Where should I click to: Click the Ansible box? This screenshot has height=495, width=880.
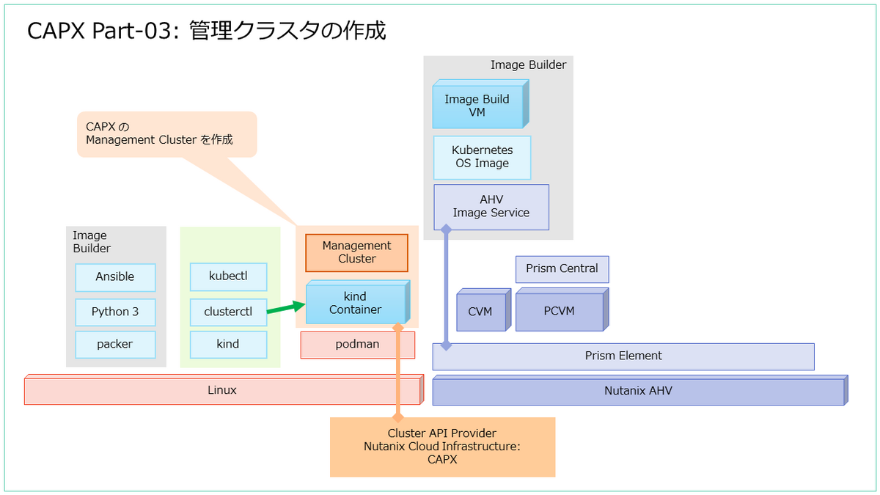click(115, 277)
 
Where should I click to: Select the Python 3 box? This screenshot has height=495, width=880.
click(115, 312)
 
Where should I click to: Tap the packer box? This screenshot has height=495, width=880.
click(115, 344)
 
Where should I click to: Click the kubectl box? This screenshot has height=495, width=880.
click(228, 277)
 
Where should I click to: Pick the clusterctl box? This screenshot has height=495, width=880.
click(228, 312)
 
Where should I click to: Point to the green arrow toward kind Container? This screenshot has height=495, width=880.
click(285, 308)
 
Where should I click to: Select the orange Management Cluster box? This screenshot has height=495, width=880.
click(356, 252)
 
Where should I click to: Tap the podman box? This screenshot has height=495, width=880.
click(357, 345)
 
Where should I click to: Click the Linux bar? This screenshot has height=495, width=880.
click(222, 390)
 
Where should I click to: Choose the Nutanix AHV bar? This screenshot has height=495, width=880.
click(638, 391)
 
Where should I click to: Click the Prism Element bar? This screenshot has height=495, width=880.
click(623, 356)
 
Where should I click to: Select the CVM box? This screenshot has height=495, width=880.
click(480, 312)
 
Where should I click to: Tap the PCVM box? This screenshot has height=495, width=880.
click(559, 312)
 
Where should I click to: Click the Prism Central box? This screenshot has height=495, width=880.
click(562, 269)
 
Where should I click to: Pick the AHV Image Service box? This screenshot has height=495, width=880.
click(491, 207)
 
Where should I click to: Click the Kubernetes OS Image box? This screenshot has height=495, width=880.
click(482, 157)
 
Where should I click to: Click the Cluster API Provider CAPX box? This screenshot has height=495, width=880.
click(442, 447)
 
